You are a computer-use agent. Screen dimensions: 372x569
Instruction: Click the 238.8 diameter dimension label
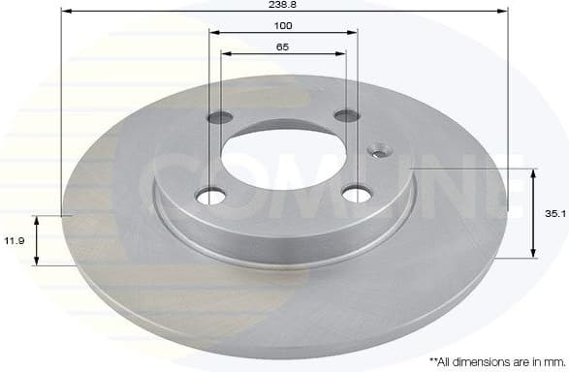coord(284,5)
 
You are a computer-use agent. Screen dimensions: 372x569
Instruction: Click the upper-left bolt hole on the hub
coord(221,118)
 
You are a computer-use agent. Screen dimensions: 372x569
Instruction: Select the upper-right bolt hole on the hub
coord(346,116)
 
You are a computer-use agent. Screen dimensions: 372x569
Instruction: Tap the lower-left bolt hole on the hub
coord(209,196)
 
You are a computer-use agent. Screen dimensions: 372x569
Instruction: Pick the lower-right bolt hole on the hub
coord(357,194)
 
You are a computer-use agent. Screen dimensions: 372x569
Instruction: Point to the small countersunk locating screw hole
coord(378,150)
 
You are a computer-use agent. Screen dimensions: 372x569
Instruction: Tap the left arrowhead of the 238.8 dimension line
coord(65,13)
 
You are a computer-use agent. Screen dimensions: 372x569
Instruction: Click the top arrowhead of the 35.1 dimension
coord(532,172)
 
